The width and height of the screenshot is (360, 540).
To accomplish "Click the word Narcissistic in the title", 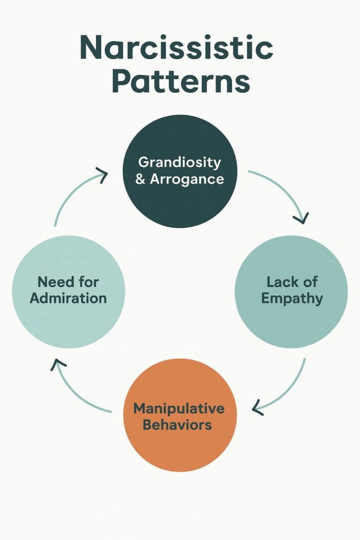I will coord(177,49).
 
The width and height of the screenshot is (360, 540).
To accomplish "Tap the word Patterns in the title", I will coord(180,82).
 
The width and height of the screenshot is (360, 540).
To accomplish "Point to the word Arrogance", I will coord(187,179).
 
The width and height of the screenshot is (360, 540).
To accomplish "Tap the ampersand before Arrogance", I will coord(140,179).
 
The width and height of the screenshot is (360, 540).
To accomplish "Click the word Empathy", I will coord(291,298).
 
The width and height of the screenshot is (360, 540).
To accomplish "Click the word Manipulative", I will coord(179,408).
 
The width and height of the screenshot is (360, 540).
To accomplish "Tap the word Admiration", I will coord(68,298).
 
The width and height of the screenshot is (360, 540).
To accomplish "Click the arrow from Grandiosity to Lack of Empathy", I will coord(285,189).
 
